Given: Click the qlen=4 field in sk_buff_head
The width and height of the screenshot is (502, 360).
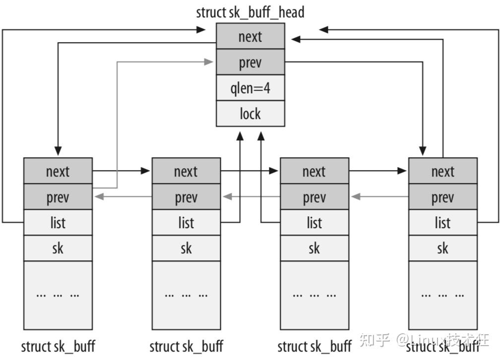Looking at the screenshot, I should [x=251, y=88].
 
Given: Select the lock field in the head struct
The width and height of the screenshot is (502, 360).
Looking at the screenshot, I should [x=251, y=114].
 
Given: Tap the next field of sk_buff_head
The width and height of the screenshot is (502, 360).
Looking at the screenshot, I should [x=251, y=37].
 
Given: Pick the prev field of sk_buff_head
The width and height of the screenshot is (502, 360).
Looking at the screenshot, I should [x=251, y=62].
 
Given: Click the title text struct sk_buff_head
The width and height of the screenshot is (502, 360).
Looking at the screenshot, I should [x=250, y=12].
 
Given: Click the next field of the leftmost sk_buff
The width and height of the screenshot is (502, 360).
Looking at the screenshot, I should [x=58, y=171].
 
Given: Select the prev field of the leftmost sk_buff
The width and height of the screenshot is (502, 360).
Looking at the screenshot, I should [x=58, y=197].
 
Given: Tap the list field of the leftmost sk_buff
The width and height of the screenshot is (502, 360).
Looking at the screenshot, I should [x=58, y=223].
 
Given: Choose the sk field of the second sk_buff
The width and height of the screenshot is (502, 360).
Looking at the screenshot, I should [x=186, y=248].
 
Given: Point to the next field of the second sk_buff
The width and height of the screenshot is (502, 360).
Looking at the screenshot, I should [x=186, y=171].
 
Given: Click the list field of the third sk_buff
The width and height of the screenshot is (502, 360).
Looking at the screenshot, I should [x=314, y=223].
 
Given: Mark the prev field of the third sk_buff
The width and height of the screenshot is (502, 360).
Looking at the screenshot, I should [x=314, y=197].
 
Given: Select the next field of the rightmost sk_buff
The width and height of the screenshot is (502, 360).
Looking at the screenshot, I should [x=442, y=171].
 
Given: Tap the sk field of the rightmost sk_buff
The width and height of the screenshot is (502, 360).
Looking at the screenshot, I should [x=442, y=248].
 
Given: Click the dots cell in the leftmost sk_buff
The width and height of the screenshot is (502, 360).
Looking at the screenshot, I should [x=58, y=295].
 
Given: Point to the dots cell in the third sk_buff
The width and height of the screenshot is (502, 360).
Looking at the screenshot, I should [x=314, y=295].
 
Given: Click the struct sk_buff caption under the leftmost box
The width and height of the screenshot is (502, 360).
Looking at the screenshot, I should [x=58, y=346].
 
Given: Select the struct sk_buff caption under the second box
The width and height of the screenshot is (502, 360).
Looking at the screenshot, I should [x=186, y=346].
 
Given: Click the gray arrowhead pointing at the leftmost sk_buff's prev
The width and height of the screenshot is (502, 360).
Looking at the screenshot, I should [x=98, y=197].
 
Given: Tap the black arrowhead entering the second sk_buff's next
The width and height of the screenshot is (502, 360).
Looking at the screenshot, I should [x=146, y=171].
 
